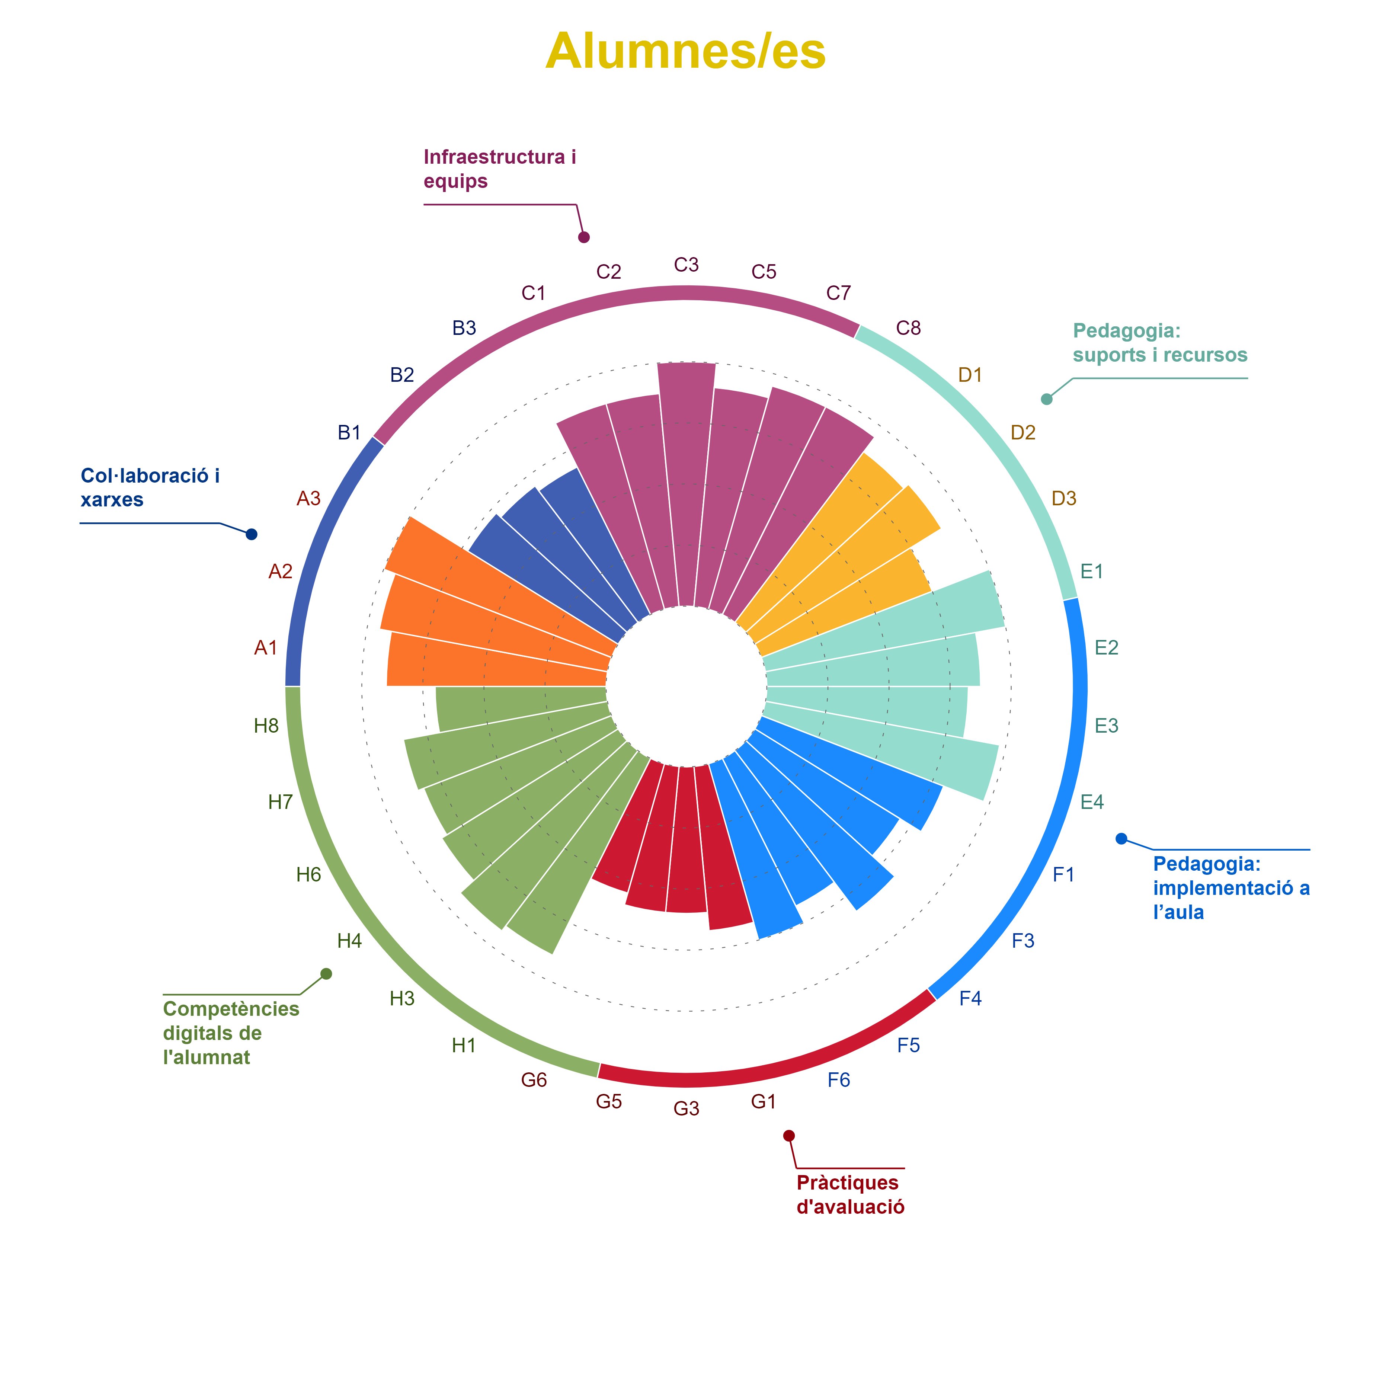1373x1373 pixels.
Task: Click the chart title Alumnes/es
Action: click(x=686, y=51)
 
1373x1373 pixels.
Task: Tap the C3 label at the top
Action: click(x=686, y=265)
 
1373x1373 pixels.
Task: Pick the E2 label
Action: click(x=1107, y=647)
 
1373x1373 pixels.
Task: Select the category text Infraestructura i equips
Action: click(x=500, y=169)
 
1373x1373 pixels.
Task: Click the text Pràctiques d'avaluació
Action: click(x=850, y=1195)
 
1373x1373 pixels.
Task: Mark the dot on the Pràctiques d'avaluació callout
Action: click(x=789, y=1136)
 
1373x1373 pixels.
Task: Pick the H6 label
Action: click(x=309, y=874)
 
